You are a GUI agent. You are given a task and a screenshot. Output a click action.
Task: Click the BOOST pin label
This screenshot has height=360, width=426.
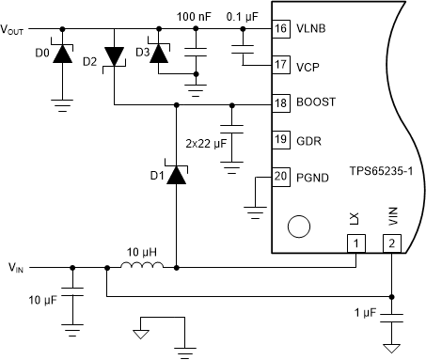pos(317,102)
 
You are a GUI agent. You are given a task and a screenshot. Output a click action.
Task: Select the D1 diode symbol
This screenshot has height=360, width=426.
pos(175,174)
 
